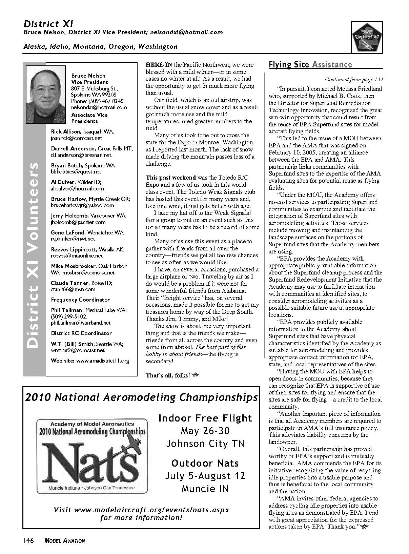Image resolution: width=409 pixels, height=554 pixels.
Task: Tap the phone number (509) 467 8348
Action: click(x=97, y=101)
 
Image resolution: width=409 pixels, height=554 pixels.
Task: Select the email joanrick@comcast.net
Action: click(x=76, y=138)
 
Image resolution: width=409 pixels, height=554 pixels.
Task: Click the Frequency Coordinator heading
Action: click(x=80, y=300)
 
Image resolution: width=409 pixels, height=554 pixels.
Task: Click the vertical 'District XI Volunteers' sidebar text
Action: click(x=34, y=255)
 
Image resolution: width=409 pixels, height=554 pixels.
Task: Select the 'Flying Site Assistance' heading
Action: click(x=310, y=65)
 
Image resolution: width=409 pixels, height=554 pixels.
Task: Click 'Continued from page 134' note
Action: click(x=354, y=80)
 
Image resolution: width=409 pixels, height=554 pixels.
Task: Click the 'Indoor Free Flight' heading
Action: click(x=205, y=418)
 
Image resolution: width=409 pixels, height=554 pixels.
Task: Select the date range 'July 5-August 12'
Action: click(x=205, y=476)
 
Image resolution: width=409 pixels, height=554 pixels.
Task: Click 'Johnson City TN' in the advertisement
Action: click(x=205, y=444)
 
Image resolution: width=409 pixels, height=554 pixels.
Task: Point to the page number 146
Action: click(x=28, y=541)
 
